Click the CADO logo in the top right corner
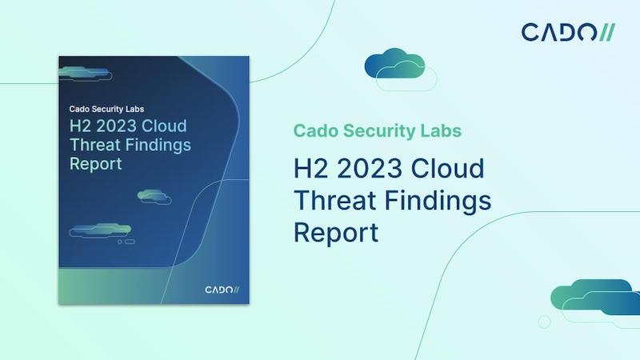[568, 33]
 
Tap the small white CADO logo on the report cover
[222, 290]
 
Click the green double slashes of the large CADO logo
[607, 33]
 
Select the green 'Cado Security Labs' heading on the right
[377, 131]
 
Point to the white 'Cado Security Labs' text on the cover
[106, 109]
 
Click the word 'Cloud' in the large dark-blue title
[447, 168]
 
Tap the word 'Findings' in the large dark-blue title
[438, 202]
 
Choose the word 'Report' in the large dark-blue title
[336, 233]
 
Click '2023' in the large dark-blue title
[370, 168]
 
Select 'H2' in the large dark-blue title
[310, 168]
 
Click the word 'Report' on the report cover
[95, 164]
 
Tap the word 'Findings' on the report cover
[158, 146]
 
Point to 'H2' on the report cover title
[79, 126]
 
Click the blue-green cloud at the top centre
[400, 70]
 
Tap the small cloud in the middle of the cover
[154, 197]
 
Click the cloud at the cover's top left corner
[86, 74]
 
